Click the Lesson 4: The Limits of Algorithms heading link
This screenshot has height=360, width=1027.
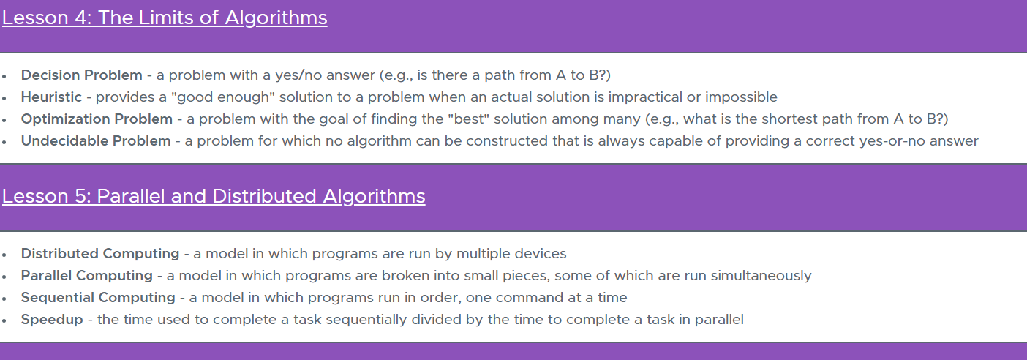pyautogui.click(x=165, y=18)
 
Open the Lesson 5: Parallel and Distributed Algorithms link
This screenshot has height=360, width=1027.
pyautogui.click(x=214, y=197)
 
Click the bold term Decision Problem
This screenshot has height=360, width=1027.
pyautogui.click(x=82, y=75)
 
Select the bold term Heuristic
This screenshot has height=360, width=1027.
pyautogui.click(x=51, y=97)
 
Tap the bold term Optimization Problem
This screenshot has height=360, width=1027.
pyautogui.click(x=97, y=119)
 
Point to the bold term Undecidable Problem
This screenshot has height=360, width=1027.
pyautogui.click(x=96, y=140)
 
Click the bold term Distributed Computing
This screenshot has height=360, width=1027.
pyautogui.click(x=100, y=254)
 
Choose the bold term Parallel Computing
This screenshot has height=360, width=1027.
pyautogui.click(x=86, y=276)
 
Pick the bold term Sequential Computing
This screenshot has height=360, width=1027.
pyautogui.click(x=98, y=298)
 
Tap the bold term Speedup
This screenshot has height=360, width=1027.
pyautogui.click(x=52, y=320)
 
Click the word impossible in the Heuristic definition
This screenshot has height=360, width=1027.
pyautogui.click(x=741, y=97)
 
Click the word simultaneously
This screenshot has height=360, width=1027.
pyautogui.click(x=761, y=276)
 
